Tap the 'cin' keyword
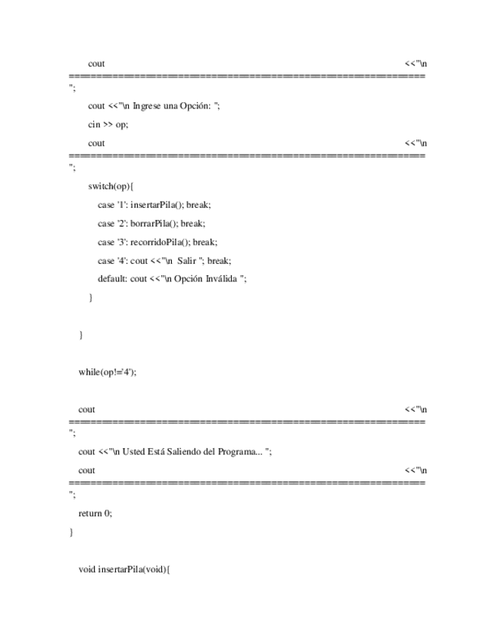(x=94, y=124)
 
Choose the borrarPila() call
(x=154, y=224)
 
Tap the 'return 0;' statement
(x=95, y=513)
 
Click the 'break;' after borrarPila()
(x=193, y=224)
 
